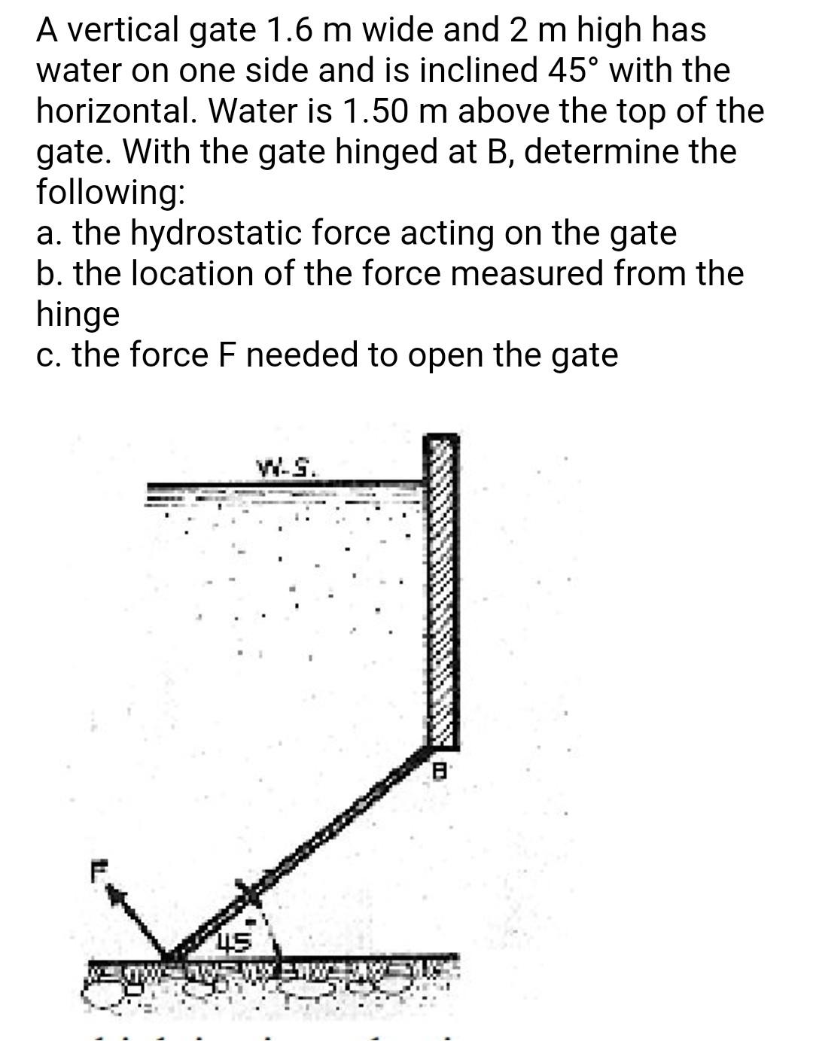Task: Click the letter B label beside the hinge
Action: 443,770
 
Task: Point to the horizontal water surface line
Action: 286,485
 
